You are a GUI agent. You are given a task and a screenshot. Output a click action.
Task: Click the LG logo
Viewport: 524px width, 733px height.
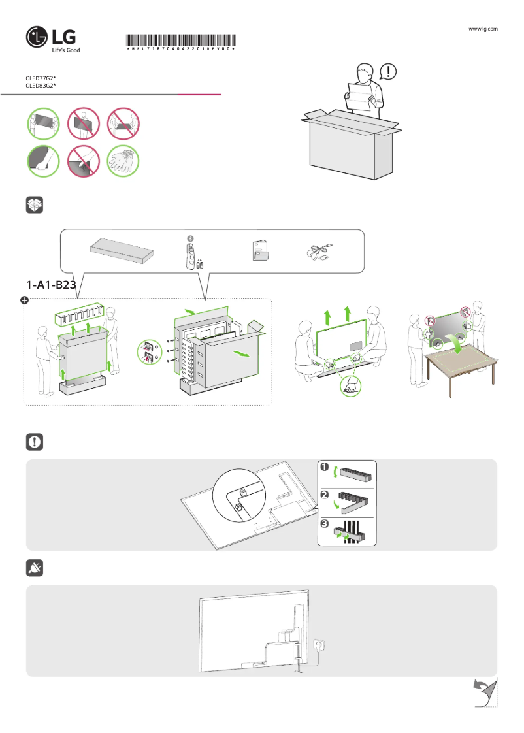(x=53, y=39)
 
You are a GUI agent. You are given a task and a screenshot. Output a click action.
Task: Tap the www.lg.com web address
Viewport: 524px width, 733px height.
(x=483, y=29)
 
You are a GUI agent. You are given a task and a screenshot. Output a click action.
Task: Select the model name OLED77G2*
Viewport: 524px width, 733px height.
(x=41, y=78)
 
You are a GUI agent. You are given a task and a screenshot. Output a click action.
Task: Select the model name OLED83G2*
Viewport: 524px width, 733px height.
(x=41, y=86)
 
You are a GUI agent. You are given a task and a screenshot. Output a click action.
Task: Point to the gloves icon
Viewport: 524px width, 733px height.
(x=123, y=161)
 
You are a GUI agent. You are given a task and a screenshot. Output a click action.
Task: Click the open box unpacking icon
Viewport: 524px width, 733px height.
(x=35, y=205)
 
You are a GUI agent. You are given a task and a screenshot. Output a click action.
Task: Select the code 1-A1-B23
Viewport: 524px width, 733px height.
(x=52, y=285)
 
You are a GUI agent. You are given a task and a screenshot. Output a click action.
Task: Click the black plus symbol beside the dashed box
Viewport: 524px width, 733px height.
(x=24, y=300)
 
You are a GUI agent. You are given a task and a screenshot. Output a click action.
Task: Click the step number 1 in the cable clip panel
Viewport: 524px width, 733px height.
(x=324, y=466)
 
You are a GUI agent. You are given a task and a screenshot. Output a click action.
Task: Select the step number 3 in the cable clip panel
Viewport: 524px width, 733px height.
(x=324, y=524)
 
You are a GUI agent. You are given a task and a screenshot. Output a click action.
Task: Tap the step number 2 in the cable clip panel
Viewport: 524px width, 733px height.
(x=324, y=495)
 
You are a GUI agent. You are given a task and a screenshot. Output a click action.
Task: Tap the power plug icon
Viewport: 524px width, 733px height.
(x=35, y=569)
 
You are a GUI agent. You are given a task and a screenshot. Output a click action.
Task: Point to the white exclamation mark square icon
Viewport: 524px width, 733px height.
(x=35, y=442)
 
